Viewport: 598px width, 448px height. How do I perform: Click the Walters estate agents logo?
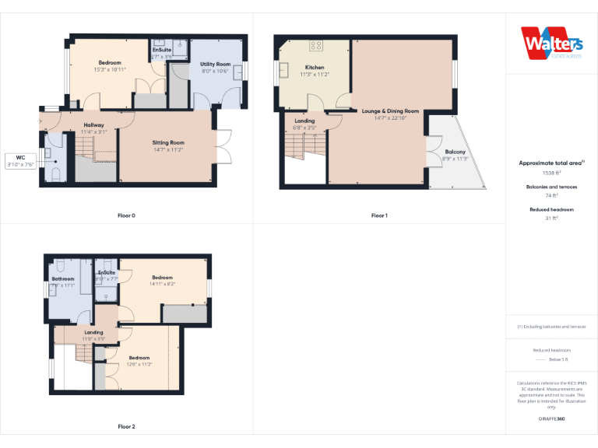pyautogui.click(x=551, y=43)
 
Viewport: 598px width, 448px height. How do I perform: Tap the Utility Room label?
pyautogui.click(x=216, y=64)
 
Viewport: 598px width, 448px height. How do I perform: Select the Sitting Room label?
pyautogui.click(x=167, y=143)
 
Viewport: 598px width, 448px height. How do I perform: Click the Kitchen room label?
pyautogui.click(x=315, y=68)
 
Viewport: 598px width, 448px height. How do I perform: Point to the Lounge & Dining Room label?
pyautogui.click(x=390, y=111)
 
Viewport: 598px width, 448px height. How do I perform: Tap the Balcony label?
pyautogui.click(x=455, y=152)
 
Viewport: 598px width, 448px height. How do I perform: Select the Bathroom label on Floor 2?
pyautogui.click(x=63, y=278)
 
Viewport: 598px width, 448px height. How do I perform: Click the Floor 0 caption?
pyautogui.click(x=126, y=215)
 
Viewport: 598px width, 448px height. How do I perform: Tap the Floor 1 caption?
pyautogui.click(x=379, y=215)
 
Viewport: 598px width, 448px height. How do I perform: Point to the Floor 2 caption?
pyautogui.click(x=126, y=426)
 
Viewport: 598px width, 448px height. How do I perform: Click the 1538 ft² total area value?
pyautogui.click(x=552, y=173)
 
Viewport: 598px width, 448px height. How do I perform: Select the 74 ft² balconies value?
pyautogui.click(x=552, y=196)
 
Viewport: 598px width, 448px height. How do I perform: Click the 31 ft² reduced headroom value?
pyautogui.click(x=552, y=219)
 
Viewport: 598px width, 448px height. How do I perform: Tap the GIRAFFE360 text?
pyautogui.click(x=552, y=418)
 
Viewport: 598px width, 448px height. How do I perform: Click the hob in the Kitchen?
pyautogui.click(x=316, y=45)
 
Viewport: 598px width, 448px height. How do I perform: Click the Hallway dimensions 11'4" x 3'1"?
pyautogui.click(x=93, y=132)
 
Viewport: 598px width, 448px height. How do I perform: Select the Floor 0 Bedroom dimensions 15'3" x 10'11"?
pyautogui.click(x=109, y=69)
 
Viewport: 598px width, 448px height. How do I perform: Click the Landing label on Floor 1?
pyautogui.click(x=304, y=121)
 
